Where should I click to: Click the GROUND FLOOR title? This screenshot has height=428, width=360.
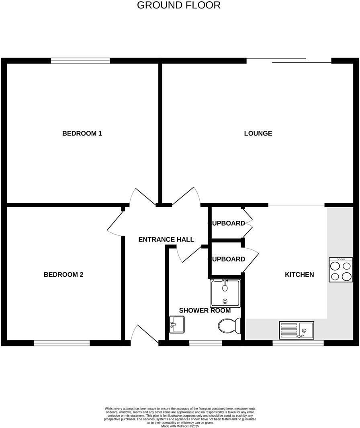point(179,5)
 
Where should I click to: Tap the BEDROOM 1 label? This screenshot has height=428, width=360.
point(82,134)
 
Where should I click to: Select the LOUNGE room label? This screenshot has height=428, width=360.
point(258,134)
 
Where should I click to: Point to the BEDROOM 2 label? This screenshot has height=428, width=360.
point(63,275)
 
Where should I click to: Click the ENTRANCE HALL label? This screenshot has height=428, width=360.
point(166,240)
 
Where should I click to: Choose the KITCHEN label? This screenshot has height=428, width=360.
point(299,275)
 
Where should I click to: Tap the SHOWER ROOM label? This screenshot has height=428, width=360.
point(205,311)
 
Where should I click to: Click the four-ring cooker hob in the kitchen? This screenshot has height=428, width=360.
point(341,270)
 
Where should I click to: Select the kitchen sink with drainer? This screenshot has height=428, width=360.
point(297,330)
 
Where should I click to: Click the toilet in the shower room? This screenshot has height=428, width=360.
point(229,325)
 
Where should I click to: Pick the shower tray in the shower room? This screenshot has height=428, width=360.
point(225,293)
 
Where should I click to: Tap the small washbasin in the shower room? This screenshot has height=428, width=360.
point(177,324)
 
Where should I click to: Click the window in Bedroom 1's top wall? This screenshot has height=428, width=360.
point(80,61)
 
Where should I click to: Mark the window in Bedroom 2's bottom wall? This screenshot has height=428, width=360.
point(61,343)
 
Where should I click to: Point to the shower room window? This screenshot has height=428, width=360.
point(205,343)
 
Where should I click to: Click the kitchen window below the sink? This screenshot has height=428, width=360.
point(298,343)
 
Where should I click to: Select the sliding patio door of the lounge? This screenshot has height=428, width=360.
point(288,61)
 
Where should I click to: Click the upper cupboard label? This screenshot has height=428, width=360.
point(228,223)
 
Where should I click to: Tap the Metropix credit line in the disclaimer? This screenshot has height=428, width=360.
point(180,426)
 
